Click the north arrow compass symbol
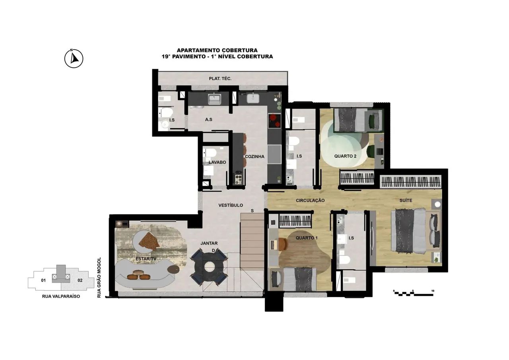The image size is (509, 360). coord(74,58)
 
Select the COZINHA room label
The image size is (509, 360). coord(254,157)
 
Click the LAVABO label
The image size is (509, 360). coord(217,162)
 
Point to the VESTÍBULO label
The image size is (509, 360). coord(231,205)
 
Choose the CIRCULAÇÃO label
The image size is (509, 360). coord(310,200)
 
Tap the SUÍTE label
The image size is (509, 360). coord(406,200)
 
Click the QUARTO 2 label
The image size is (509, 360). coord(345,156)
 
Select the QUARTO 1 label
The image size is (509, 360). coord(307,238)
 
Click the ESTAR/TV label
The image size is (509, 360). coord(146,259)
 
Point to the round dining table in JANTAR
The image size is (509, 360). coord(209,267)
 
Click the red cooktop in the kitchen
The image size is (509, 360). coord(274,121)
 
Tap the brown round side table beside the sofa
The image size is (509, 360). coord(173,269)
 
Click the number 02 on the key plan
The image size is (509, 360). coord(80,280)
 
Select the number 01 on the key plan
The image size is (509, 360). coord(43,280)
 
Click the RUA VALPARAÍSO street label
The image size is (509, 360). coord(61,296)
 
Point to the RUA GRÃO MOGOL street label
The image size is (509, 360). coord(99,278)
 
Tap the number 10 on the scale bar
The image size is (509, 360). coord(433,291)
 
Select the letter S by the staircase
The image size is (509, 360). coord(252,211)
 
